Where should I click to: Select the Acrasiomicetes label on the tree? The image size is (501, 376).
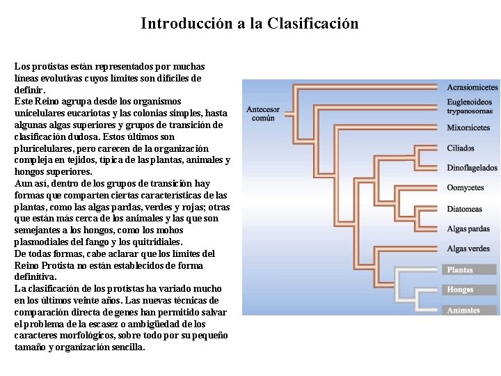[472, 88]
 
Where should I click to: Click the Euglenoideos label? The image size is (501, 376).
[470, 102]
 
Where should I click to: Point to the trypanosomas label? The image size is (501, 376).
[470, 111]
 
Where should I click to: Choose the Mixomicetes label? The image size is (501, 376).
[468, 127]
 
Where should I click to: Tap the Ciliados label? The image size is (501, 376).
[461, 148]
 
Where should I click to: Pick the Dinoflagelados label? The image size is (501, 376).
[472, 168]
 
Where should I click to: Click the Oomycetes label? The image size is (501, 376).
[465, 188]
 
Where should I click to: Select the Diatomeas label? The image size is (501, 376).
[464, 209]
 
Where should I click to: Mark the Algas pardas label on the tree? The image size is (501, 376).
[468, 228]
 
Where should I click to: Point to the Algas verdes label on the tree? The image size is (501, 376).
[468, 249]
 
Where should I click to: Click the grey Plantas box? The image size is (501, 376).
[470, 269]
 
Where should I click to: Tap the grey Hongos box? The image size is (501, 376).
[470, 290]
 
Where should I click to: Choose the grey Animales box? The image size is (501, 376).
[470, 311]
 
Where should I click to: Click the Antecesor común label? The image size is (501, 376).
[263, 113]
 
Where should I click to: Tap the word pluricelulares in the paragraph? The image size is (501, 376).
[45, 148]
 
